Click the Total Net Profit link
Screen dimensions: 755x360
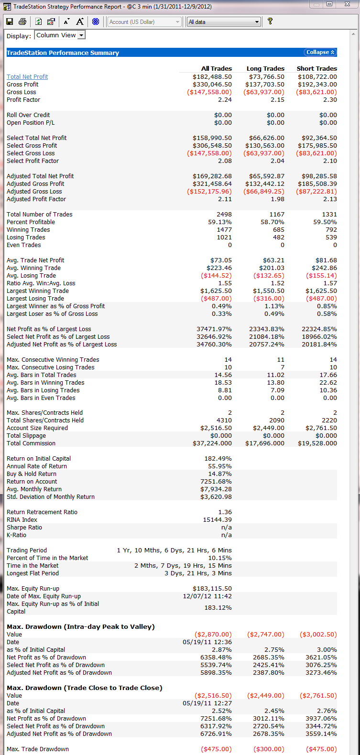click(27, 77)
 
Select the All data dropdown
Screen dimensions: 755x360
click(224, 22)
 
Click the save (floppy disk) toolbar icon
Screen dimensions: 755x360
click(10, 22)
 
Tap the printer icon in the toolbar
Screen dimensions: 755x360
click(22, 22)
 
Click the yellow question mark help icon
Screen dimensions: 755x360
click(270, 22)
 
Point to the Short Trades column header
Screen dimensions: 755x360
click(316, 69)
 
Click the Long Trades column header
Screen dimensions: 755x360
click(265, 69)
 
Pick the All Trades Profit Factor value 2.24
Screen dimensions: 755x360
click(225, 100)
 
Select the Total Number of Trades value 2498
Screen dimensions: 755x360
click(224, 215)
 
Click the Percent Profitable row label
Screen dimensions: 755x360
click(31, 222)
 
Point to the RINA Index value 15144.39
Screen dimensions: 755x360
click(217, 520)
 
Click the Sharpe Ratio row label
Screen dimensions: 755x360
click(24, 528)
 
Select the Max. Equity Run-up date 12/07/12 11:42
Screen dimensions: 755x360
click(207, 596)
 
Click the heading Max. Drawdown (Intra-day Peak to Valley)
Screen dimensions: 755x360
click(80, 627)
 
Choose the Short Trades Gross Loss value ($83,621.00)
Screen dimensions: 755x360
click(316, 92)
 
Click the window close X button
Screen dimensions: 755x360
click(347, 4)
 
